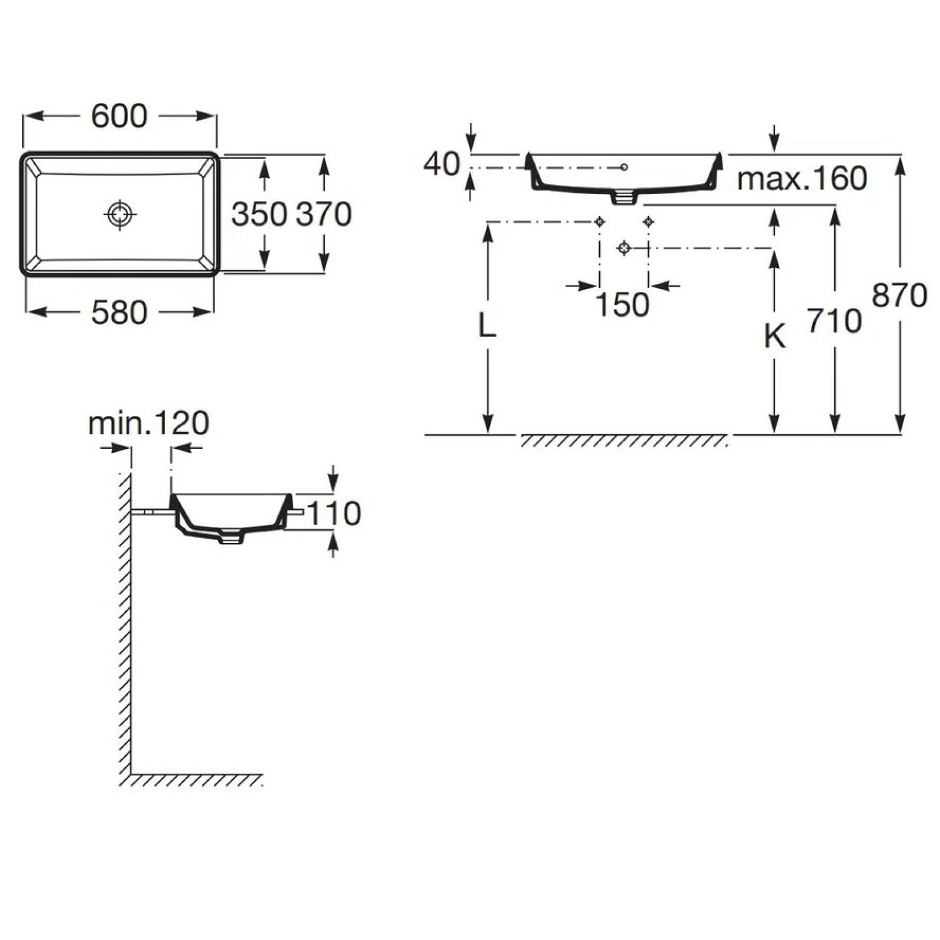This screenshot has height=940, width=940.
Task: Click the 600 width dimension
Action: coord(119,116)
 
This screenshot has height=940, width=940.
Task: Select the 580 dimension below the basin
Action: coord(119,313)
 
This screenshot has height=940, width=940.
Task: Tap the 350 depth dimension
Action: coord(258,214)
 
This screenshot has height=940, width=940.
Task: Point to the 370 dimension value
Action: coord(324,214)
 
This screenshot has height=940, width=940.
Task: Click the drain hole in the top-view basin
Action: coord(120,214)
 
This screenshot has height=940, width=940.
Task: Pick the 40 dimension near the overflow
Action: coord(441,164)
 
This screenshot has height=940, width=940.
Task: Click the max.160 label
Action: coord(802,179)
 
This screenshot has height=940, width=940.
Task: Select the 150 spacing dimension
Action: coord(623,305)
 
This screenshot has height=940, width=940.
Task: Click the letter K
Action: coord(774,337)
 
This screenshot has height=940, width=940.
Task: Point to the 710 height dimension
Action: coord(834,321)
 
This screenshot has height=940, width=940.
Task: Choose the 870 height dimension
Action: coord(899,296)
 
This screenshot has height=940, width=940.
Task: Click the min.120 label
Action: coord(149,423)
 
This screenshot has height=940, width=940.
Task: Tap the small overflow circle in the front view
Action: coord(624,167)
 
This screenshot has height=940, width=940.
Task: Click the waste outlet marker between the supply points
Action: coord(625,249)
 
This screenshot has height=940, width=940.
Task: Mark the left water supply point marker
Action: coord(599,221)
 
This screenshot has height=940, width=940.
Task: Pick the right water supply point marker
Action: coord(649,221)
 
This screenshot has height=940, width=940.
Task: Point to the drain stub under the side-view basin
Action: coord(231,537)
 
